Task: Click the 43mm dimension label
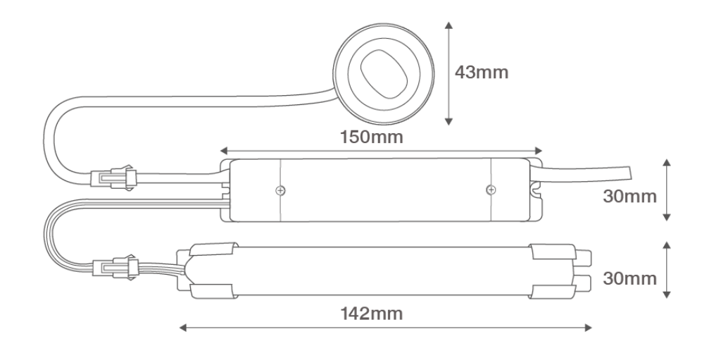tap(482, 73)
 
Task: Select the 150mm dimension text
tap(371, 137)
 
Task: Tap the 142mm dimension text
tap(371, 314)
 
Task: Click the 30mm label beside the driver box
tap(629, 196)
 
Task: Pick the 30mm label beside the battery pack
tap(629, 278)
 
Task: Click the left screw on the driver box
tap(280, 190)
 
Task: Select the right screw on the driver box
tap(491, 190)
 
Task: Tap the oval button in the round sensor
tap(384, 73)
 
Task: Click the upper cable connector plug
tap(113, 178)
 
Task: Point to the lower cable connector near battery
tap(115, 267)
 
